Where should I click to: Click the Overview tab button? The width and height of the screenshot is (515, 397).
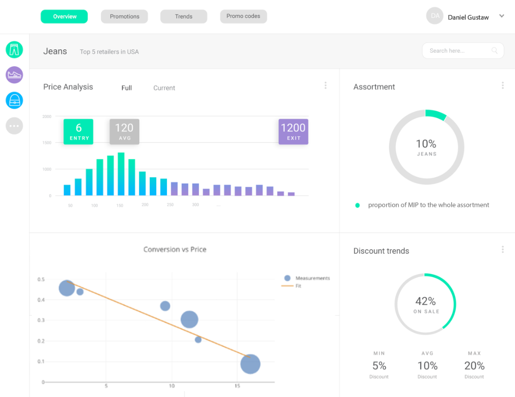click(x=64, y=16)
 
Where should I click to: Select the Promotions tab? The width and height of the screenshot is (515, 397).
click(x=124, y=16)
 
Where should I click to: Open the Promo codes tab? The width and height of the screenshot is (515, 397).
click(x=243, y=16)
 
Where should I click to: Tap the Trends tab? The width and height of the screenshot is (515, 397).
click(x=184, y=16)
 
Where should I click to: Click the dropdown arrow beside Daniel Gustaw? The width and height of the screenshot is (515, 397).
click(x=501, y=16)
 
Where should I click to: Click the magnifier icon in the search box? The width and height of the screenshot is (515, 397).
click(x=494, y=50)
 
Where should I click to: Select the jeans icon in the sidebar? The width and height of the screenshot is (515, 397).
click(x=14, y=50)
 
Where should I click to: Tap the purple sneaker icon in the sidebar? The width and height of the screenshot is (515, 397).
click(x=14, y=75)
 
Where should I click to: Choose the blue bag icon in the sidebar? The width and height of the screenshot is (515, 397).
click(x=14, y=100)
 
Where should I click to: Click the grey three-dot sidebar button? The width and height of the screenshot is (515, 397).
click(x=14, y=126)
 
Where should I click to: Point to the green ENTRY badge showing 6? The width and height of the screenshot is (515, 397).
click(x=78, y=131)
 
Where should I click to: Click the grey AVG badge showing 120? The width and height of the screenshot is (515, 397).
click(x=124, y=131)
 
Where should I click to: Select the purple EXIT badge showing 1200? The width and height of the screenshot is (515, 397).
click(x=294, y=131)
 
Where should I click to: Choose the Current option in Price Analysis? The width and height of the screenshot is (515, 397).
click(x=164, y=88)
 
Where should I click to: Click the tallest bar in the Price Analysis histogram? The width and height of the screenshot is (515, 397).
click(x=121, y=174)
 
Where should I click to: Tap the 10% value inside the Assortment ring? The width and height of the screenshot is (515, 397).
click(x=426, y=144)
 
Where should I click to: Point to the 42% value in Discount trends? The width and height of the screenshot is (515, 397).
click(x=426, y=301)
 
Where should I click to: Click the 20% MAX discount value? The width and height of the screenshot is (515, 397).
click(x=474, y=366)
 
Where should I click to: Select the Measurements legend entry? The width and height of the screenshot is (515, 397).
click(x=307, y=278)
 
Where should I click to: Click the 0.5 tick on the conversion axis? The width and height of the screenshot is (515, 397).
click(x=41, y=280)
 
